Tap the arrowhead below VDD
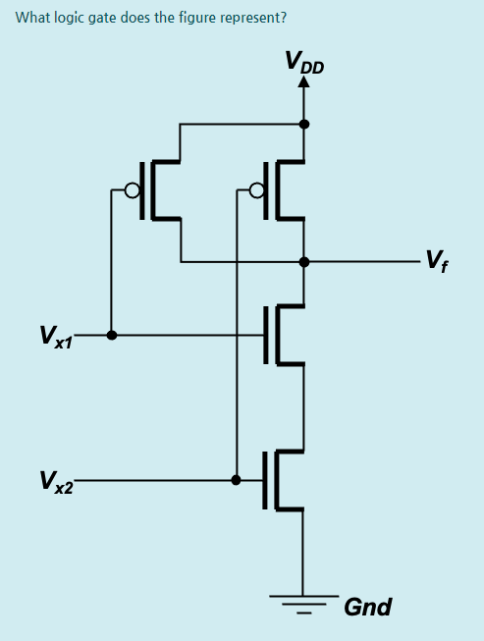tap(303, 83)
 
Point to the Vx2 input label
tap(55, 481)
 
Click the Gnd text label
tap(367, 607)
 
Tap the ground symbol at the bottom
tap(303, 602)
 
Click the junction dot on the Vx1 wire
tap(112, 335)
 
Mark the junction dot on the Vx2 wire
tap(236, 480)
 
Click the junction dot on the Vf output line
tap(303, 262)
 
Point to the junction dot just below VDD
tap(303, 125)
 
